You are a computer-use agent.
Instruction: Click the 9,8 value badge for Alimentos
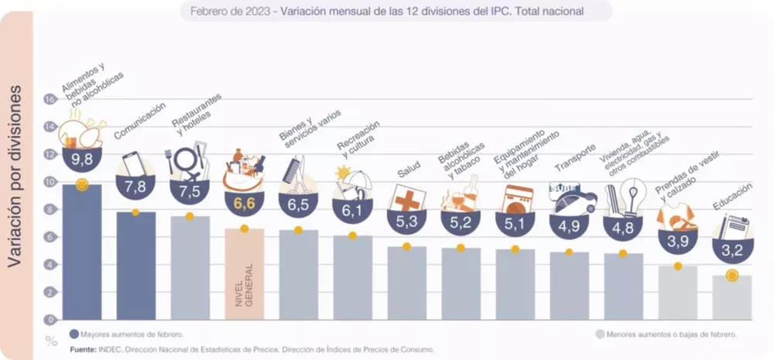click(82, 159)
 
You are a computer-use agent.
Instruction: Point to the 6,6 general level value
click(244, 203)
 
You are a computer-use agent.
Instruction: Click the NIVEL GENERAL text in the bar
click(245, 289)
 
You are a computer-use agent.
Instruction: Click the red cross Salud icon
click(406, 198)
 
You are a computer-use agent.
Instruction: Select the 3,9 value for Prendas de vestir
click(677, 242)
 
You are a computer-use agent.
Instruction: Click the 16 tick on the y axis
click(50, 99)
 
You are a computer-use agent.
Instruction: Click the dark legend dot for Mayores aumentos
click(74, 334)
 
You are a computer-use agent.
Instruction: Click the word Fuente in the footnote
click(83, 349)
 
